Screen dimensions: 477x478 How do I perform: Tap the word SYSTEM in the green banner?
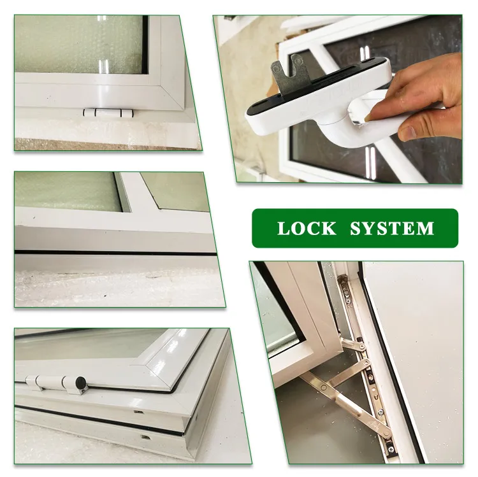392,228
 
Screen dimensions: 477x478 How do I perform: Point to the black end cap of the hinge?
82,383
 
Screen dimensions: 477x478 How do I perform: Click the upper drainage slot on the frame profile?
137,412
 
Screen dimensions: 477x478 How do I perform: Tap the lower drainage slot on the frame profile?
147,438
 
